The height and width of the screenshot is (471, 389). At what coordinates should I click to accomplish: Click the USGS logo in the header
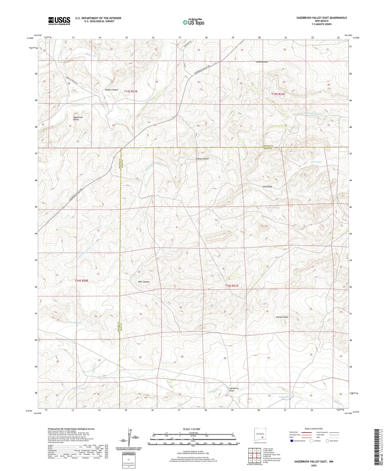pos(59,21)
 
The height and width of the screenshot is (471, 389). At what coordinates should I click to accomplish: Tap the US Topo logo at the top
pos(193,22)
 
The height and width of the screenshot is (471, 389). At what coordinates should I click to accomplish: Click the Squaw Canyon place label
pos(112,90)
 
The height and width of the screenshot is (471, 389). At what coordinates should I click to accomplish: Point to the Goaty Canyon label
pos(202,159)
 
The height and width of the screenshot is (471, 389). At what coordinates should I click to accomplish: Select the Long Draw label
pos(267,187)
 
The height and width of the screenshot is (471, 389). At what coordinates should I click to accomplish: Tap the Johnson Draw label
pos(282,317)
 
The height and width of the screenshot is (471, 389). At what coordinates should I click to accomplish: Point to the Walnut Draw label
pos(262,62)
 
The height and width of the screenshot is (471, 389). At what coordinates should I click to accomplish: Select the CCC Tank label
pos(316,162)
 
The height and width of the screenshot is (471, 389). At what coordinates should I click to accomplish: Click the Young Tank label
pos(75,322)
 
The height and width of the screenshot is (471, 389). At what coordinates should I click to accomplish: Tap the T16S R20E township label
pos(82,281)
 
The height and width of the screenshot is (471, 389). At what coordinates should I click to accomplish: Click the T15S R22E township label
pos(278,94)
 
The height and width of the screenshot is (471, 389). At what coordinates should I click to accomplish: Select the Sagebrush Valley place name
pos(78,118)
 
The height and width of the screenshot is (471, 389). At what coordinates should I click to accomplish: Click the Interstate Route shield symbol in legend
pos(292,441)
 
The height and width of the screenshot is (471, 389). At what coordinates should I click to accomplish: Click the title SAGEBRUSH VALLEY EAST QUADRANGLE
pos(322,18)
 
